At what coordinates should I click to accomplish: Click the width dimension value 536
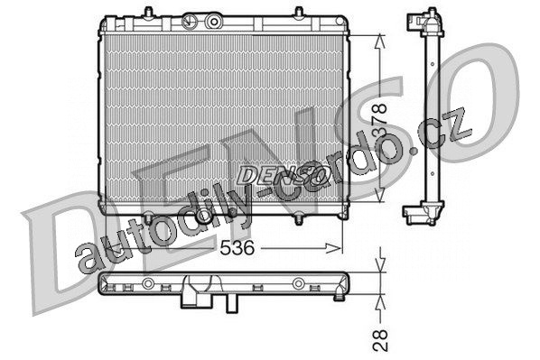tap(237, 247)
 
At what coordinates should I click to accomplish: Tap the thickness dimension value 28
tap(381, 341)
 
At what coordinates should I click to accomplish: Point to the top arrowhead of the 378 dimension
tap(380, 42)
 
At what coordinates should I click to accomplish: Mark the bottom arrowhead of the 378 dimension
tap(379, 194)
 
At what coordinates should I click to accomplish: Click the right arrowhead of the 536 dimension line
tap(333, 247)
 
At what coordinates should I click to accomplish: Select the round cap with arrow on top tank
tap(189, 22)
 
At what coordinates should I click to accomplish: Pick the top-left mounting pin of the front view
tap(148, 13)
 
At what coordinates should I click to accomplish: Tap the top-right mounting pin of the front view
tap(299, 13)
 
